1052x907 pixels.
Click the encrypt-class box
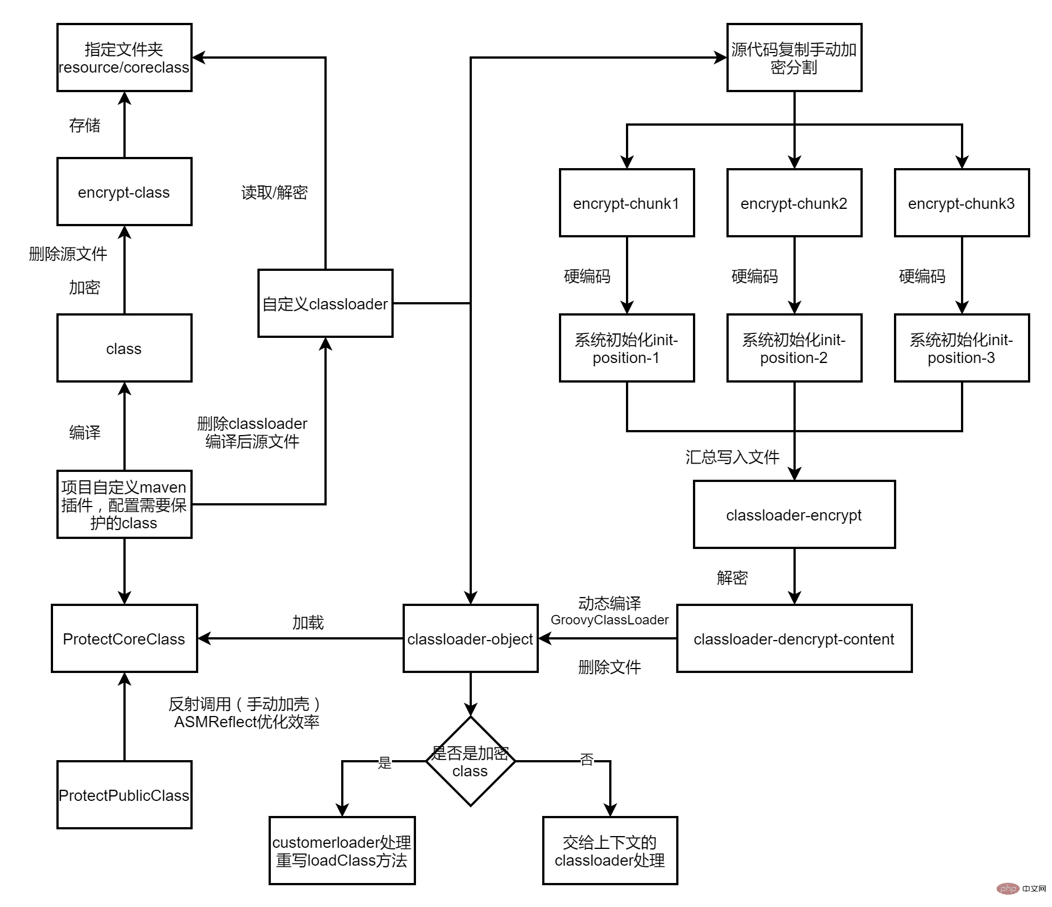124,192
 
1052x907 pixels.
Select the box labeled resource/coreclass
124,58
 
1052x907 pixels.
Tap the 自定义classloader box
325,303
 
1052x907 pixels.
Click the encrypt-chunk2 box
794,203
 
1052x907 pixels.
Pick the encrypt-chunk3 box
962,203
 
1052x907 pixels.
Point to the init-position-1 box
627,348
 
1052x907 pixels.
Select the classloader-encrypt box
794,514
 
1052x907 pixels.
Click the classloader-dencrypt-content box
794,638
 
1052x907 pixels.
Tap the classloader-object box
470,638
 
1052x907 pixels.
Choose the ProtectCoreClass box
124,638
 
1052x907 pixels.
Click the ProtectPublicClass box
124,795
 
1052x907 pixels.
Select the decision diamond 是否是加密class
470,761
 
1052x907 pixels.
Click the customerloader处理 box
342,851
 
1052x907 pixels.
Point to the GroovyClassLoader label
609,620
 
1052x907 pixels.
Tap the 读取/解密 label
274,193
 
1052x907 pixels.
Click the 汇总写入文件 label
732,457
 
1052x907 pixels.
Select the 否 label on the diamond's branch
586,760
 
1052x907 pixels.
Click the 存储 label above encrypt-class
85,125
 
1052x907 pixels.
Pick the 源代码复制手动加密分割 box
794,58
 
